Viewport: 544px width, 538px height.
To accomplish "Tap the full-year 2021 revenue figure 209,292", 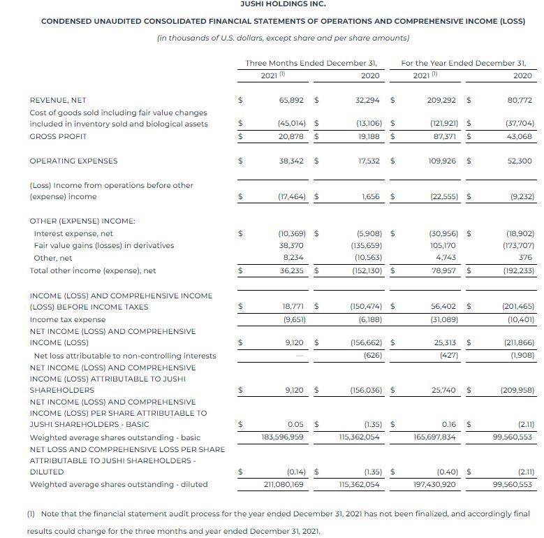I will (x=441, y=100).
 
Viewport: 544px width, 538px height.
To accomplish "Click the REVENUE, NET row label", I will (x=58, y=100).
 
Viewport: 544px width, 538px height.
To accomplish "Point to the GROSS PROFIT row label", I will (x=58, y=136).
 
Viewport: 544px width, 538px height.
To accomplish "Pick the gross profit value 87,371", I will (x=444, y=136).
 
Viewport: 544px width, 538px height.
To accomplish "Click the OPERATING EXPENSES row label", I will (x=73, y=161).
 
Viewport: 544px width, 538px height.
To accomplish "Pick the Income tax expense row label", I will (x=68, y=319).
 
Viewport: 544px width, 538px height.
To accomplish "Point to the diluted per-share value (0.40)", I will (x=443, y=472).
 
